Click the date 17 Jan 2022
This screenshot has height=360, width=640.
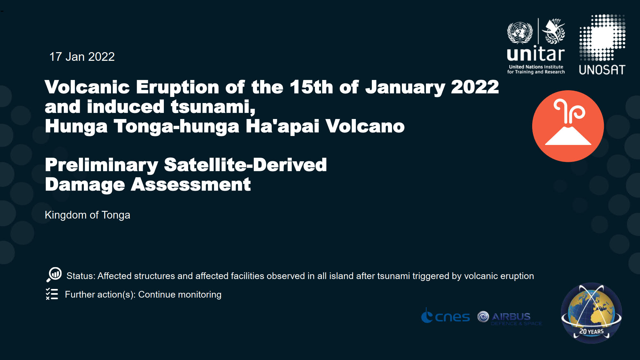[82, 57]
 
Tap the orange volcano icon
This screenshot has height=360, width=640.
[568, 126]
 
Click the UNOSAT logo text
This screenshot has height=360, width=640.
[602, 70]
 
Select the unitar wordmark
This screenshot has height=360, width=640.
[536, 54]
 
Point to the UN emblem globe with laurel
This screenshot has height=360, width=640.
[520, 32]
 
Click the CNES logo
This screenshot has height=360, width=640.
[445, 316]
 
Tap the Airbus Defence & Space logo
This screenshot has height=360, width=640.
[510, 318]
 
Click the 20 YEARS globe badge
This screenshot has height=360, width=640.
[591, 313]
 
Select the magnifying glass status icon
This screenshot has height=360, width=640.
[54, 275]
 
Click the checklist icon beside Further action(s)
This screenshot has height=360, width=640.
[52, 294]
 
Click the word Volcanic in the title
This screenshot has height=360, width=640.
[87, 87]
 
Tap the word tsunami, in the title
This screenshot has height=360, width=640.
[213, 107]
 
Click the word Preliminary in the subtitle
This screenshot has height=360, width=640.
[101, 165]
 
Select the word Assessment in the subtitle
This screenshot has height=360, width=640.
[191, 185]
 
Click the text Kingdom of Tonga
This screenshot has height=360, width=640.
[87, 215]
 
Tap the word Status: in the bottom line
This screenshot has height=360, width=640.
[81, 276]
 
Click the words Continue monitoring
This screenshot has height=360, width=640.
[180, 294]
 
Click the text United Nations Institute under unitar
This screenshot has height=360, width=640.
[536, 67]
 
